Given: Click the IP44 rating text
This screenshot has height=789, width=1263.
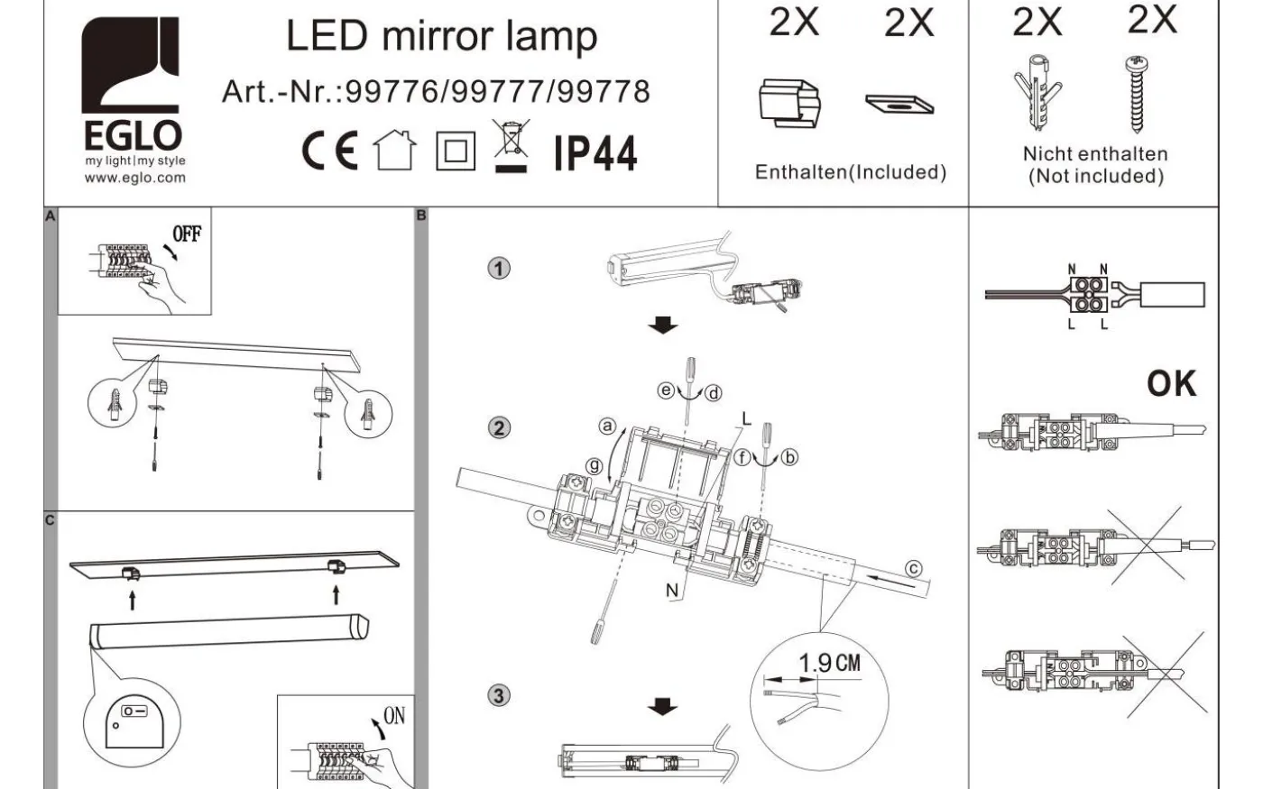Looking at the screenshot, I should click(x=595, y=153).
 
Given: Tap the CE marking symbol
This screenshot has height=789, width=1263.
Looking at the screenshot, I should click(x=329, y=151).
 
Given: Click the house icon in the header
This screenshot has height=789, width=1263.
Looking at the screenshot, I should click(x=396, y=151).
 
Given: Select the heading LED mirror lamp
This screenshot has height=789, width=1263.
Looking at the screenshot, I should click(x=441, y=37).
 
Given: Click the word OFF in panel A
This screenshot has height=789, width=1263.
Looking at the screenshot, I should click(x=187, y=234).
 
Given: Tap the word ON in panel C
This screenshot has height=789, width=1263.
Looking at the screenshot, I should click(x=394, y=716).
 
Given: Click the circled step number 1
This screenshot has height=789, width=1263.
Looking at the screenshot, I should click(x=499, y=268).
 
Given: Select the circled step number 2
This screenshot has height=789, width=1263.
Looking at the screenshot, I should click(x=499, y=427).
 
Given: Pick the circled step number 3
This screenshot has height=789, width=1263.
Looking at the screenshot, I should click(x=499, y=695).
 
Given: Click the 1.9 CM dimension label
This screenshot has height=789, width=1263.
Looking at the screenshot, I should click(x=829, y=664).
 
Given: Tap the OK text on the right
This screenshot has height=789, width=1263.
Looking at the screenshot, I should click(x=1171, y=384).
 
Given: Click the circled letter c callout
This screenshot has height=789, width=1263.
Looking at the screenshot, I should click(x=914, y=569).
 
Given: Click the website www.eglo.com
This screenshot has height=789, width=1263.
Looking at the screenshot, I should click(x=134, y=178).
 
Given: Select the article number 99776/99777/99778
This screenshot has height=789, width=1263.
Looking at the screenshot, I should click(x=435, y=92).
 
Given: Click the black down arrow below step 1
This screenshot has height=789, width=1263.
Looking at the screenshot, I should click(x=664, y=325).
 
